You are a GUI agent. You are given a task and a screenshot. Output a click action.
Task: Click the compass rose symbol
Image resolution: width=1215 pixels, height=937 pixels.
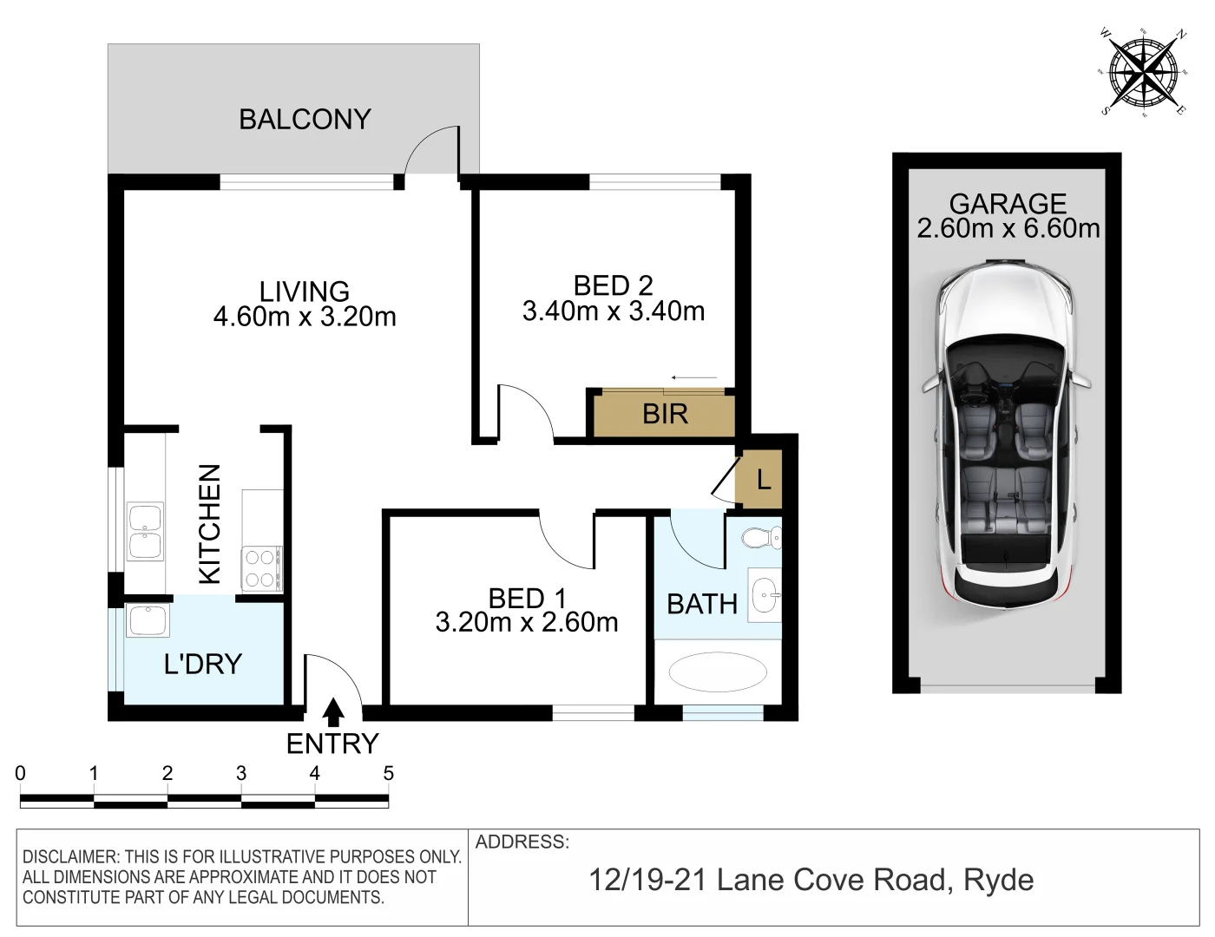[x=1143, y=70]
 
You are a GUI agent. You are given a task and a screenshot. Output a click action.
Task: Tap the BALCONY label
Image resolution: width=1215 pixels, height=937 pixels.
[x=305, y=119]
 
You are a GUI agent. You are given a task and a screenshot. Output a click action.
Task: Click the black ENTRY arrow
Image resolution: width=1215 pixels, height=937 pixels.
[x=332, y=712]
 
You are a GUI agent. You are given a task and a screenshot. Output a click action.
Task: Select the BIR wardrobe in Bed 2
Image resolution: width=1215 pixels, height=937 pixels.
[x=665, y=414]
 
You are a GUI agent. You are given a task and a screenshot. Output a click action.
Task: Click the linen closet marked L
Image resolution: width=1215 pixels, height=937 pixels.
[x=762, y=479]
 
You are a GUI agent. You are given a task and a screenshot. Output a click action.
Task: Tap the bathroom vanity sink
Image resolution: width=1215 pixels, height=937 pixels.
[x=764, y=594]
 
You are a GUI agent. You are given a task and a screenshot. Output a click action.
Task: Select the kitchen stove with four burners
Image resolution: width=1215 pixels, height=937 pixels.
[x=261, y=568]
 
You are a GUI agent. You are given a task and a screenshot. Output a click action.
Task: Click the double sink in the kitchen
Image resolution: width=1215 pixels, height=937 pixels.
[x=146, y=532]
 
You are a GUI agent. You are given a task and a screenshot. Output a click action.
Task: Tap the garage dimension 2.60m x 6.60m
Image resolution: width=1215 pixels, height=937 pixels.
[x=1008, y=228]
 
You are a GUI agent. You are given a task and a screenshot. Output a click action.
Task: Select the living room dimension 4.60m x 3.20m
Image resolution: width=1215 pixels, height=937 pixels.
[x=305, y=317]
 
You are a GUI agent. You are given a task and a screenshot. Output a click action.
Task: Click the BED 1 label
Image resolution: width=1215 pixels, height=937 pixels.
[x=527, y=598]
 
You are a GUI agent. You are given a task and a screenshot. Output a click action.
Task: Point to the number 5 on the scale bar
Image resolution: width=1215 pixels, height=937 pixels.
[x=389, y=773]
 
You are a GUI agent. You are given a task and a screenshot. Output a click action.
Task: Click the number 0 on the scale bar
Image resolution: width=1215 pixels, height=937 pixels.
[x=21, y=773]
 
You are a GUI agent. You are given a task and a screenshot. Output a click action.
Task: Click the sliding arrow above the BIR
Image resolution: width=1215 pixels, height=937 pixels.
[x=694, y=378]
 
